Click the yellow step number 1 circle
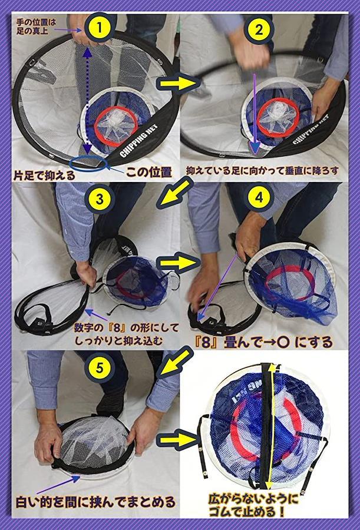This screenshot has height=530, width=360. pos(99,28)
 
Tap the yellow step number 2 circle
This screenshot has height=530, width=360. pos(259,29)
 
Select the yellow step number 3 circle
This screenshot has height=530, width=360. pos(100,199)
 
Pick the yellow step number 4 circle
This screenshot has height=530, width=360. pos(259,197)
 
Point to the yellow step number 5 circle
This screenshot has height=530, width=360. pos(99,367)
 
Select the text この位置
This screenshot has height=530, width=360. pos(148,172)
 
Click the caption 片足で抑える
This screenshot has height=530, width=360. pos(44,175)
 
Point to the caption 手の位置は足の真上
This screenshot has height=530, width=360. pos(36,26)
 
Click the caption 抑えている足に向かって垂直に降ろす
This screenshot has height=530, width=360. pos(262,171)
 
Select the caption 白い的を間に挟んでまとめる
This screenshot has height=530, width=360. pos(95,502)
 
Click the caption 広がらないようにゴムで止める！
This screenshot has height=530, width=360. pos(253,506)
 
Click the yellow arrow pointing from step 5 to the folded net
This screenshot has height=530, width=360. pos(178,439)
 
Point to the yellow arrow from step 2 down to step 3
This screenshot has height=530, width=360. pos(174,193)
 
